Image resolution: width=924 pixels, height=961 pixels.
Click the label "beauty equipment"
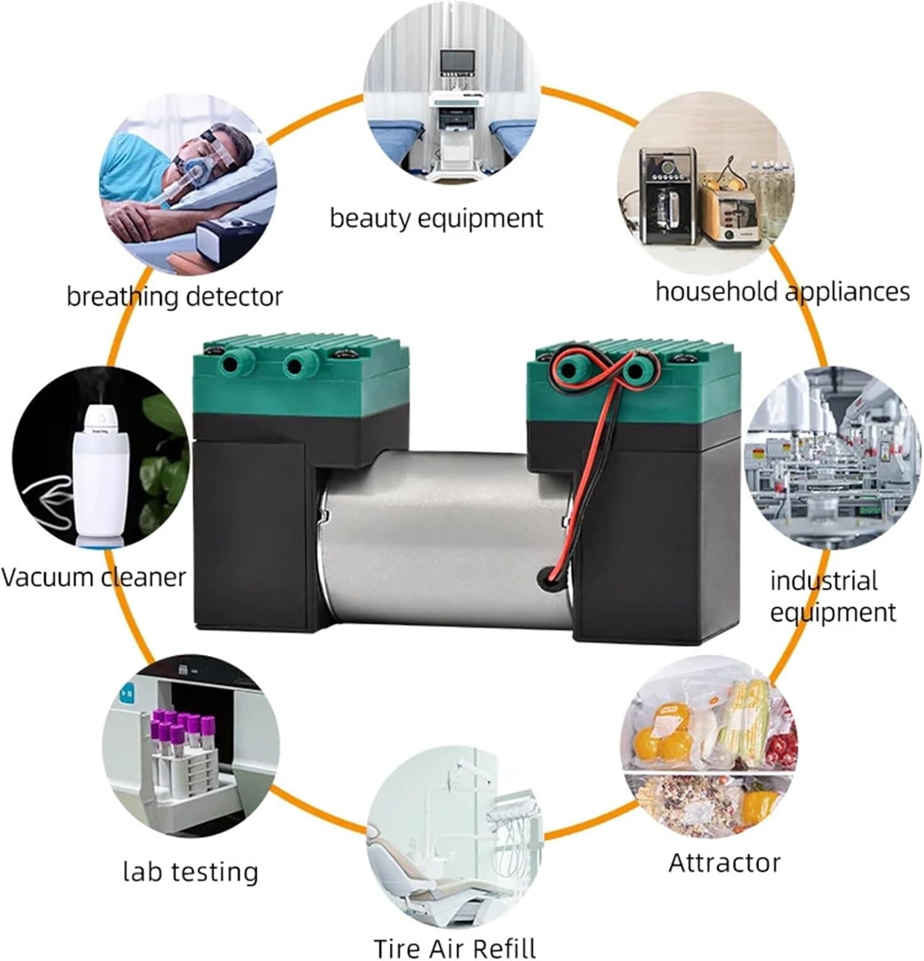pyautogui.click(x=436, y=218)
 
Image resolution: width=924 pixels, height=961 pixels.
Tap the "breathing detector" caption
pyautogui.click(x=174, y=297)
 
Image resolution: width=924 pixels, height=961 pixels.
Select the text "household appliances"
pyautogui.click(x=782, y=292)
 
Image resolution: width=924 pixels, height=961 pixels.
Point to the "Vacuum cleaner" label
pyautogui.click(x=93, y=577)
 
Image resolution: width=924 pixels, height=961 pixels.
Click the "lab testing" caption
pyautogui.click(x=190, y=872)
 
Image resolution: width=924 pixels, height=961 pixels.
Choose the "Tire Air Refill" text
pyautogui.click(x=455, y=948)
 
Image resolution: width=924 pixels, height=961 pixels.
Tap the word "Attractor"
pyautogui.click(x=724, y=863)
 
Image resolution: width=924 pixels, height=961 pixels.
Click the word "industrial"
pyautogui.click(x=823, y=581)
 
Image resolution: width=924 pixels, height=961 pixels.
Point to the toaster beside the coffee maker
pyautogui.click(x=725, y=211)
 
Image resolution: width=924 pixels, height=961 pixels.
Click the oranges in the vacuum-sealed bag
pyautogui.click(x=660, y=740)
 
